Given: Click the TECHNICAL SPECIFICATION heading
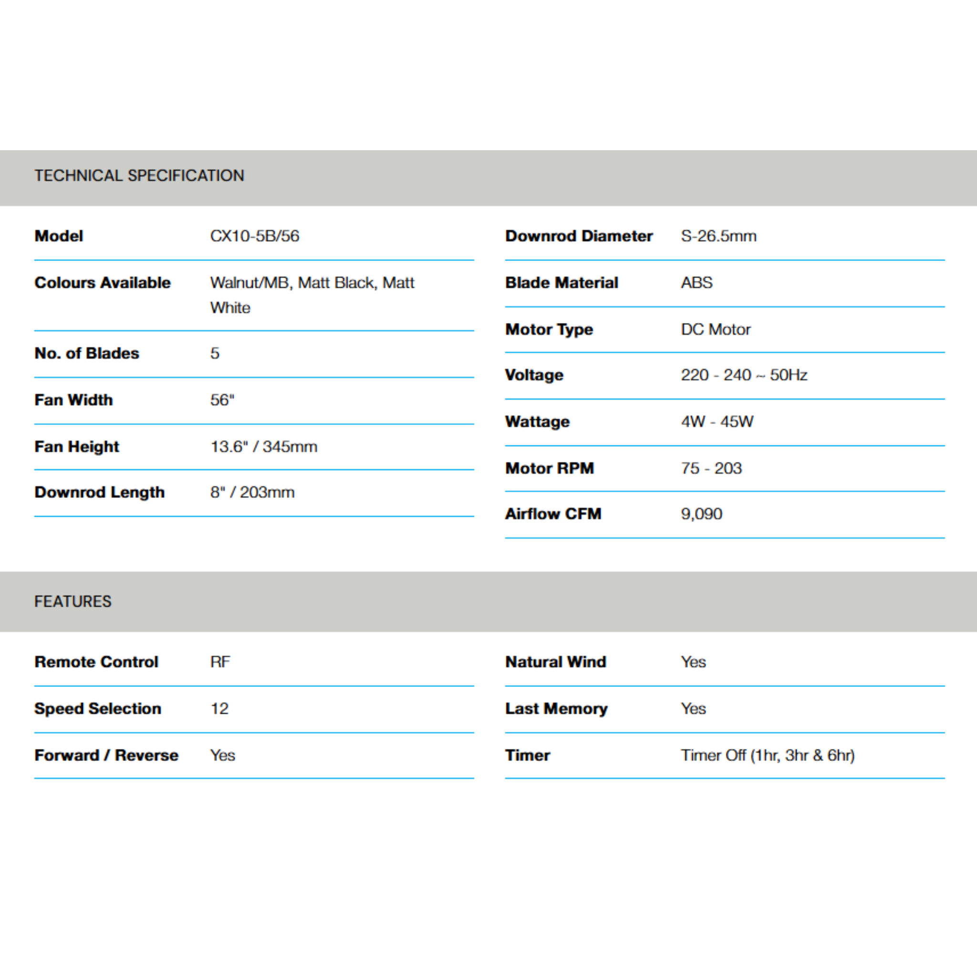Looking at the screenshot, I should (x=139, y=176).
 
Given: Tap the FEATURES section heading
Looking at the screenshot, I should (x=73, y=601).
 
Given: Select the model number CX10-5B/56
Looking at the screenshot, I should (x=254, y=236).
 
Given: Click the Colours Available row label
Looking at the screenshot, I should (x=103, y=283).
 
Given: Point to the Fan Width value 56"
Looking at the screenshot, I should (x=222, y=400).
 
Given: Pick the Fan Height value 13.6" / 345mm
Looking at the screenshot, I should (x=263, y=447).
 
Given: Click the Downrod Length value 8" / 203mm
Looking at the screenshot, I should (x=252, y=492).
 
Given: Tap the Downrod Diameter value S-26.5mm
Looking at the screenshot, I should (x=718, y=236).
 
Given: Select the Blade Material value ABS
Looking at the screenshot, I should (x=696, y=283).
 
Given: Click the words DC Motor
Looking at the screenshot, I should (x=716, y=329).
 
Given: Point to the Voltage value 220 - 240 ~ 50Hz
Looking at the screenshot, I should (x=743, y=374).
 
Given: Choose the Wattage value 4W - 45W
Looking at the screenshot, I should (x=717, y=421).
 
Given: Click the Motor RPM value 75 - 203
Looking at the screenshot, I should (x=711, y=468).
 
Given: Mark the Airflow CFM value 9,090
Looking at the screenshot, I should (x=701, y=514).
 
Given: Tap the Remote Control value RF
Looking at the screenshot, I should (x=220, y=662).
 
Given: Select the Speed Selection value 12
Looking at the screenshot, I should (x=219, y=708).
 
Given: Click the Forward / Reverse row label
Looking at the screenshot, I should (x=106, y=755).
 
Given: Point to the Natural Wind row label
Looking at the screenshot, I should (x=555, y=662).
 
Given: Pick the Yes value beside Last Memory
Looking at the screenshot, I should (x=693, y=708).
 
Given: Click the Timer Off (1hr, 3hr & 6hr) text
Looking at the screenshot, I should (x=767, y=755).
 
